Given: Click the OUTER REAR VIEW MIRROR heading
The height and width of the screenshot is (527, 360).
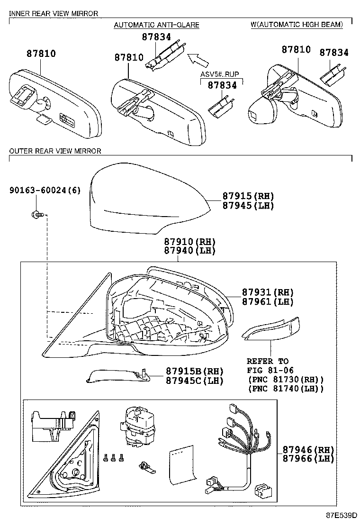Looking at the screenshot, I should [55, 151].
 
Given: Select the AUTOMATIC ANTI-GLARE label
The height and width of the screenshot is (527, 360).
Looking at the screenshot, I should [156, 25].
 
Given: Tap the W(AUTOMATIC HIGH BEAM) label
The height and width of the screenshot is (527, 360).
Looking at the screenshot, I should [297, 25].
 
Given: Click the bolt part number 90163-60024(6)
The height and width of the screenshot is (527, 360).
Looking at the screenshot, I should [45, 191].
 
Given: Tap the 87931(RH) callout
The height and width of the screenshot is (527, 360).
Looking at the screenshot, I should [268, 292].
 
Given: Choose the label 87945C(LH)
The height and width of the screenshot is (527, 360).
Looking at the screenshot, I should [194, 380].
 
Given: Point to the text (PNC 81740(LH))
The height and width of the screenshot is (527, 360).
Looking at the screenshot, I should [286, 389].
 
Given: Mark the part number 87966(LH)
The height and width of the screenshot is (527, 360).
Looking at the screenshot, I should [308, 458].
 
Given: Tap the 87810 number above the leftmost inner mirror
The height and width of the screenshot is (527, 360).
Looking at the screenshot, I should [41, 54].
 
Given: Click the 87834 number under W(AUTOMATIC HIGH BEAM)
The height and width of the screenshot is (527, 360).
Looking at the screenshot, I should [333, 53].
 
